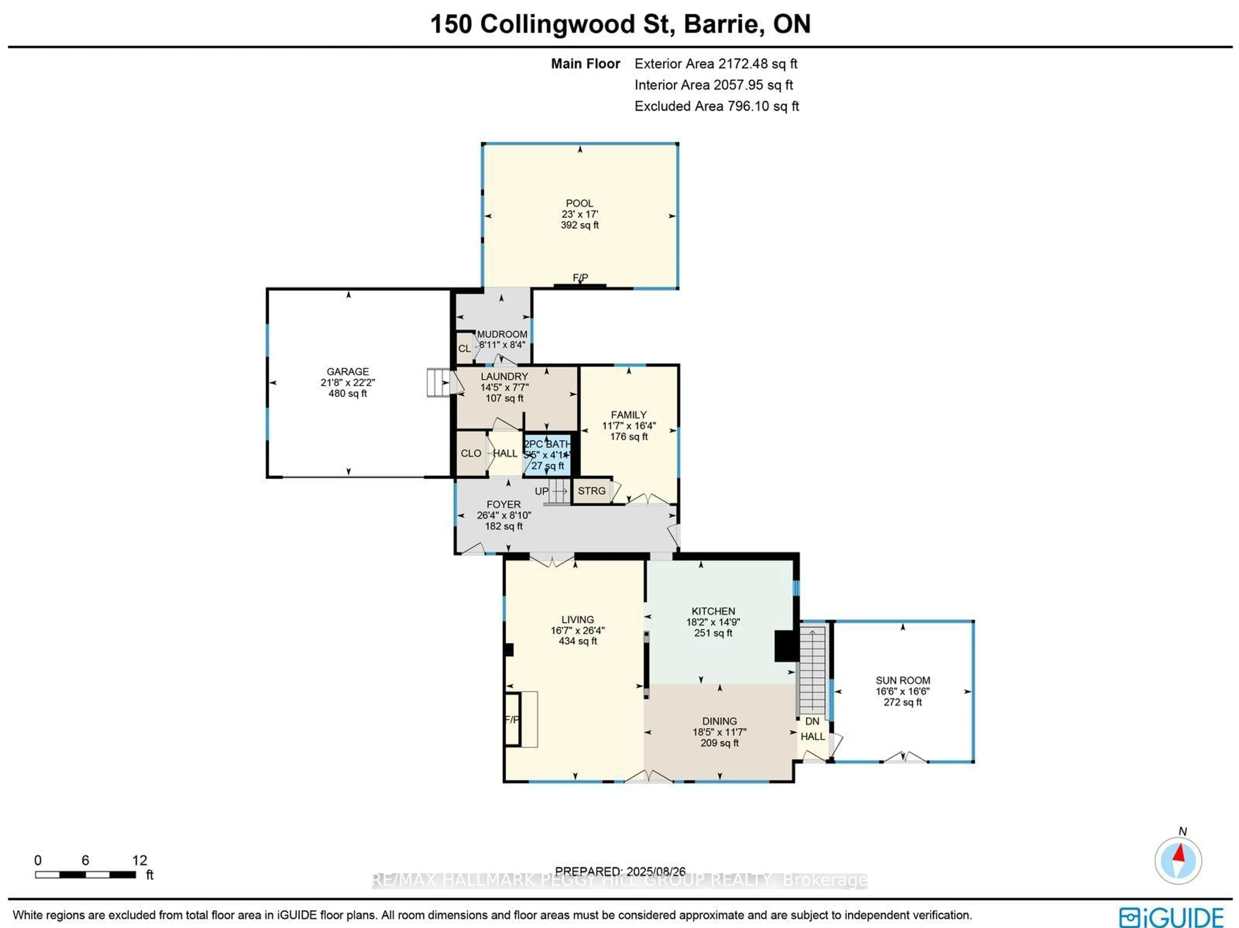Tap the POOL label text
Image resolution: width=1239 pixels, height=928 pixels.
[579, 203]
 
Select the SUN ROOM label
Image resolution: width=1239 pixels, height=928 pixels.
[902, 680]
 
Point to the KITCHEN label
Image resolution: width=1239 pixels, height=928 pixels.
[713, 611]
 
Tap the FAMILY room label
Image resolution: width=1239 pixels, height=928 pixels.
[629, 415]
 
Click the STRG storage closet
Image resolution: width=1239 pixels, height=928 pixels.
[591, 491]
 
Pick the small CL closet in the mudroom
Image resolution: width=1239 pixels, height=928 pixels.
[464, 349]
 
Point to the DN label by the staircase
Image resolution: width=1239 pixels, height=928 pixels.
[812, 721]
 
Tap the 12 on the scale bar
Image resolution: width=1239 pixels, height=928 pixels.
[139, 860]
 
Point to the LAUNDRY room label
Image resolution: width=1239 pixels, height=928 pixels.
[504, 377]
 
